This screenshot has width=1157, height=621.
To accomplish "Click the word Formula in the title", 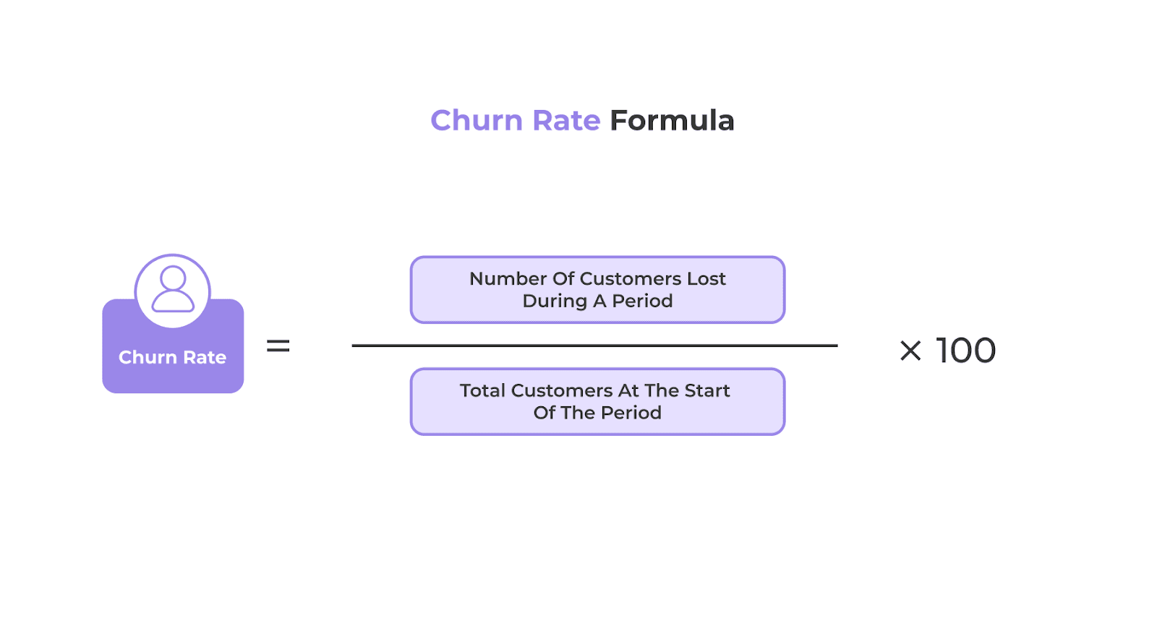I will [672, 121].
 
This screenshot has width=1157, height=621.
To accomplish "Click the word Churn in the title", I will [476, 121].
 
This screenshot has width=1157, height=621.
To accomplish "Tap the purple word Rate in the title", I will [566, 121].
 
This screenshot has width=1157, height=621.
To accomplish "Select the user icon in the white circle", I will [173, 289].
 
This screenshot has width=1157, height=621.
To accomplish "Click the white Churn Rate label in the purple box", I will [172, 357].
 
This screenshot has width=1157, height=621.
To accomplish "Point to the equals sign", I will [278, 346].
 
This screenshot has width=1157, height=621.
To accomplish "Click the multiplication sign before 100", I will [910, 351].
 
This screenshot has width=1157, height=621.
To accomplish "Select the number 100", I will [966, 351].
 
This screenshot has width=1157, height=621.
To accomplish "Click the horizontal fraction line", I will [594, 346].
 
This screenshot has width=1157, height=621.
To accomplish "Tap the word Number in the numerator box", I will [508, 279].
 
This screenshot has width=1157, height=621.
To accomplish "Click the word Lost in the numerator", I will [706, 279].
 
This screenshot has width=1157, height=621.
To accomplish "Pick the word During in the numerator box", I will [555, 301].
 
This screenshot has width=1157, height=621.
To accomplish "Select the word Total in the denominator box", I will [482, 391].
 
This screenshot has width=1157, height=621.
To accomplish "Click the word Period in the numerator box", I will [642, 301].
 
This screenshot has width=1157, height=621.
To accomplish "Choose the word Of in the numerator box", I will [563, 279].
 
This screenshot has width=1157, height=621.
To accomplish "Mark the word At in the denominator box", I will [628, 391].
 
